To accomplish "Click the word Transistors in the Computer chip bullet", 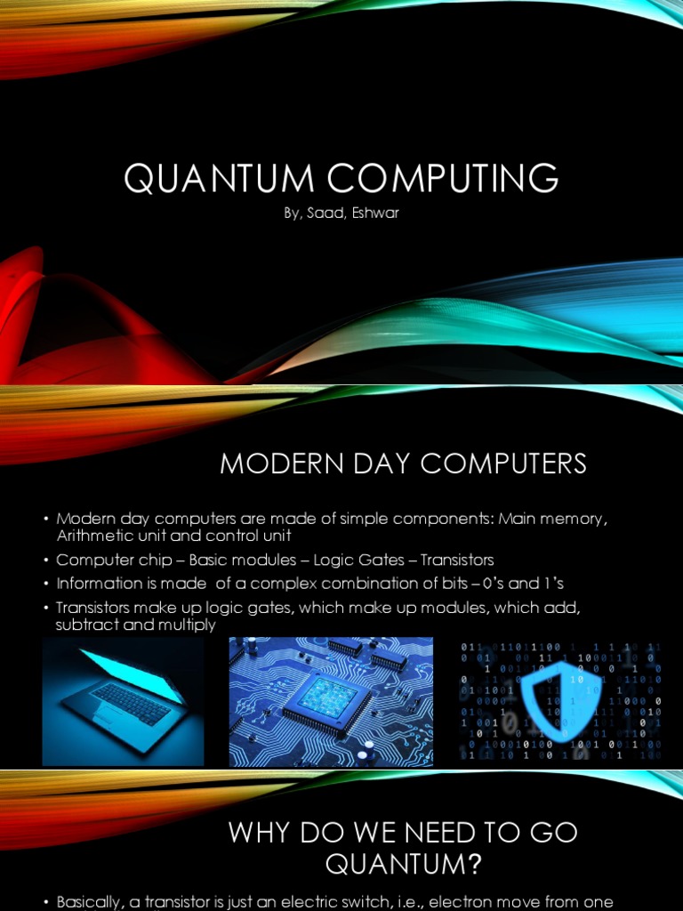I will [457, 560].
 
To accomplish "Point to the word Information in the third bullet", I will [94, 584].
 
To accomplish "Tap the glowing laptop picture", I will [124, 702].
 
